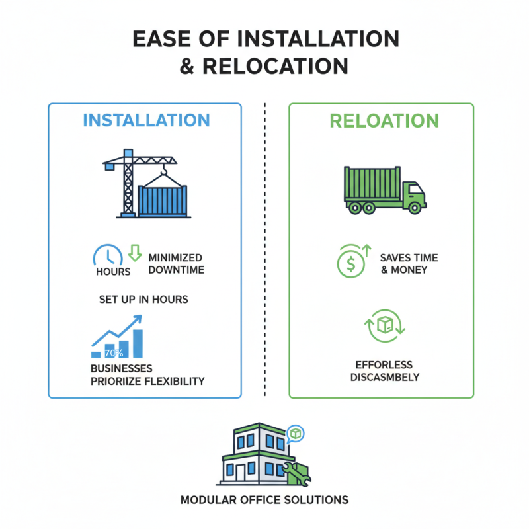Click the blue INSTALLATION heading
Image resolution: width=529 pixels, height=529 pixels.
pos(146,120)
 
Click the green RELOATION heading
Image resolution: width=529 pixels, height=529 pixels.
pos(384,121)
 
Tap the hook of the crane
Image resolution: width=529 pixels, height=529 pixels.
pos(164,171)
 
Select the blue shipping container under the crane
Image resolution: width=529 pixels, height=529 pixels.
pos(163,201)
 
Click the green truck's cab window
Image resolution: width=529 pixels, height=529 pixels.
pos(416,189)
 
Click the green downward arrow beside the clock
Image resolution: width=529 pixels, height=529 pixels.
pos(135,253)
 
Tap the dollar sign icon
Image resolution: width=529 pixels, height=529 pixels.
pos(351,264)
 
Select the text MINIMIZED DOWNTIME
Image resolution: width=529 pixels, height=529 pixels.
pos(176,264)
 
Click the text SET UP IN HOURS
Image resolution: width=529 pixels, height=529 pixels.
pos(143,300)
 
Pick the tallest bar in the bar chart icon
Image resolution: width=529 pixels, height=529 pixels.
pos(138,343)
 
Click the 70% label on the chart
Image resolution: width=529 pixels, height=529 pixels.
pos(114,353)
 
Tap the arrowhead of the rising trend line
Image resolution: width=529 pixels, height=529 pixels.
pos(138,319)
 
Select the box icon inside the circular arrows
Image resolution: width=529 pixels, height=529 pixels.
pos(385,325)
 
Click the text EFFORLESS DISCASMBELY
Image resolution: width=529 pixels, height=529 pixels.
pos(385,371)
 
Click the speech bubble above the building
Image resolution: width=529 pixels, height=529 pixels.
pos(295,434)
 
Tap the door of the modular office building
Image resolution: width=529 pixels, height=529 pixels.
pos(241,473)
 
